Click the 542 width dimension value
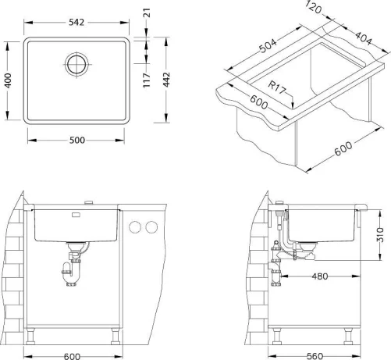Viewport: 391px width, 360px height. [76, 23]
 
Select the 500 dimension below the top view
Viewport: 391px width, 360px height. [77, 141]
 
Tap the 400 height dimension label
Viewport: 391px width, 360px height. [8, 80]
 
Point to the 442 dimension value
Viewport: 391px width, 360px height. [166, 80]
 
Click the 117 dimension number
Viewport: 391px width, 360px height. [147, 80]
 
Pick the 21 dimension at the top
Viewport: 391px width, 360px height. [147, 12]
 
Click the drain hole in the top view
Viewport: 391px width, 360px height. [76, 64]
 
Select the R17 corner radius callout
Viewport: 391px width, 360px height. [277, 87]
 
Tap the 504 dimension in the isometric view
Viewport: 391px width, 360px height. [268, 46]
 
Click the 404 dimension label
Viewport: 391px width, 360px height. [364, 38]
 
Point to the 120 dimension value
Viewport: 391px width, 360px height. [313, 7]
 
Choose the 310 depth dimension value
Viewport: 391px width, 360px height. [380, 235]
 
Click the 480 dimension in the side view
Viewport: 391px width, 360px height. [320, 276]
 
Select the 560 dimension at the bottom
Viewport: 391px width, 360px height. [315, 356]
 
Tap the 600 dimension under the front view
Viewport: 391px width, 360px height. [72, 356]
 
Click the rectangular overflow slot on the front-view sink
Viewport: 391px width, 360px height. [76, 215]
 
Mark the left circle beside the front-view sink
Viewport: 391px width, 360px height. [135, 227]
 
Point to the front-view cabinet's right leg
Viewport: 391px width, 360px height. [116, 336]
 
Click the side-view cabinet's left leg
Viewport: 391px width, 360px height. [276, 336]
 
